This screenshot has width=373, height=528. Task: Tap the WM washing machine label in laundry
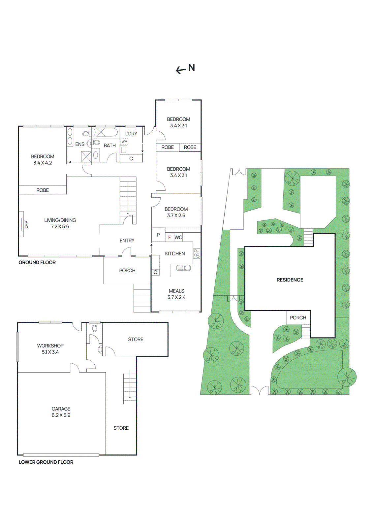[124, 142]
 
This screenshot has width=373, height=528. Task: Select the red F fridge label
[170, 238]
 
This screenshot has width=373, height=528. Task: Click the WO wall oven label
[178, 238]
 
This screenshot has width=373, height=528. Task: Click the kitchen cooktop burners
[197, 253]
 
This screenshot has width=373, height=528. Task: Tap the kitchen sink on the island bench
[184, 268]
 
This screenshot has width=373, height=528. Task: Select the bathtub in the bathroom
[106, 133]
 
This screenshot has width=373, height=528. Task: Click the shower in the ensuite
[86, 156]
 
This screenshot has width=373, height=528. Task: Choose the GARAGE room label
[61, 409]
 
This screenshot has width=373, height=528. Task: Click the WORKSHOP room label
[50, 346]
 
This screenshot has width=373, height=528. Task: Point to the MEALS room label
[176, 291]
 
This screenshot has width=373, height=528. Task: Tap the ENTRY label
[127, 241]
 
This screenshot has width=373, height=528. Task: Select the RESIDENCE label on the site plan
[290, 280]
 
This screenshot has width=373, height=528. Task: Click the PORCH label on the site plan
[298, 318]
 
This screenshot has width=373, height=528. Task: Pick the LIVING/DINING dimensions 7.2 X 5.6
[60, 227]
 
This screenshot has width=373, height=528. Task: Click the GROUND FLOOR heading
[37, 263]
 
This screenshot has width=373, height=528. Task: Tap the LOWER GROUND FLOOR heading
[46, 462]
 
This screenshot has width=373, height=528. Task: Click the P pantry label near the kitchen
[158, 235]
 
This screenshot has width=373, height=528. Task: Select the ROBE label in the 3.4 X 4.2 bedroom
[43, 190]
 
